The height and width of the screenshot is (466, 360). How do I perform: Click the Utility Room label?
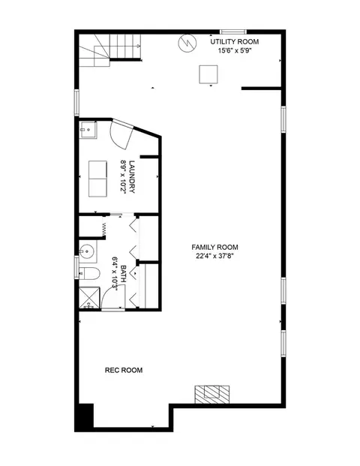[x=234, y=41]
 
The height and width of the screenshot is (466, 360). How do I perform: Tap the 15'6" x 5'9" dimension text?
[x=235, y=50]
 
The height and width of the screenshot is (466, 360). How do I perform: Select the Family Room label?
[x=214, y=248]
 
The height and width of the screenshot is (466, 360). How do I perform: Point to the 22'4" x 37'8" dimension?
[x=214, y=256]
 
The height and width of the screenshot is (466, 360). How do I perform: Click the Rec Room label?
[x=124, y=370]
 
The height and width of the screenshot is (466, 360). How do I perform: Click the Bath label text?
[x=124, y=274]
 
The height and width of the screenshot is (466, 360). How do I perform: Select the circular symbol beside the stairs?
[x=187, y=44]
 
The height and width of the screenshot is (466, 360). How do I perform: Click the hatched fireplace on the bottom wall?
[x=212, y=395]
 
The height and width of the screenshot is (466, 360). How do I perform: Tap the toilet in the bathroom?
[x=90, y=273]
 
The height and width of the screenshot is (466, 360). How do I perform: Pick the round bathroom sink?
[x=87, y=251]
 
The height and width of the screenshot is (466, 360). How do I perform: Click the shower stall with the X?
[x=89, y=298]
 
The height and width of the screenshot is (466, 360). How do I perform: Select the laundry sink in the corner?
[x=88, y=130]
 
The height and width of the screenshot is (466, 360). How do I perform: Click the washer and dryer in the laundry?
[x=97, y=179]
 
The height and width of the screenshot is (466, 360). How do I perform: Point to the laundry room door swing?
[x=121, y=134]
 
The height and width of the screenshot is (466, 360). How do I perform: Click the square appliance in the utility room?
[x=208, y=74]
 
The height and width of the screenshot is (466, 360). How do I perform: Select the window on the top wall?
[x=233, y=32]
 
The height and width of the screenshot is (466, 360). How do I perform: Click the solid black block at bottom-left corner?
[x=86, y=416]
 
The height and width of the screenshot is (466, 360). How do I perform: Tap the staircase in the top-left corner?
[x=110, y=50]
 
